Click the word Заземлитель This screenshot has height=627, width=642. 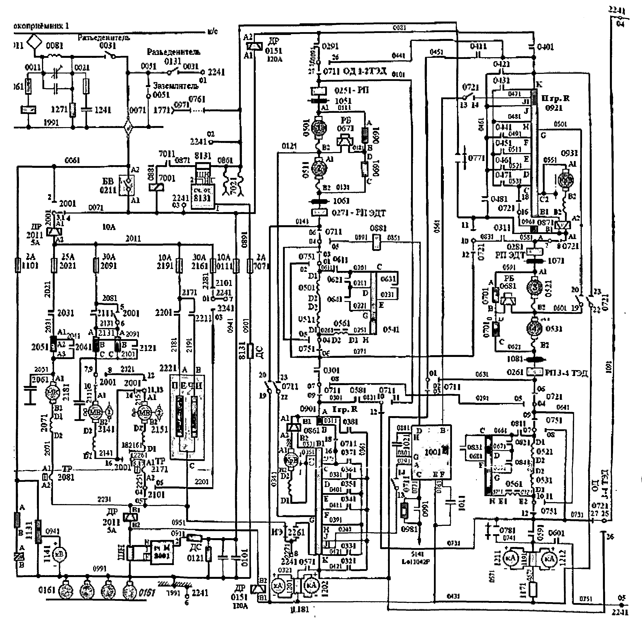pyautogui.click(x=176, y=86)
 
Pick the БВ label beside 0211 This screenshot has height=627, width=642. pyautogui.click(x=108, y=181)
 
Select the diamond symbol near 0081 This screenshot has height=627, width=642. pyautogui.click(x=34, y=42)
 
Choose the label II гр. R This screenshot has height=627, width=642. pyautogui.click(x=555, y=98)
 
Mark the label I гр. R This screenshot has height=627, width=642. pyautogui.click(x=345, y=410)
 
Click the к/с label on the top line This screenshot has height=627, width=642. pyautogui.click(x=213, y=32)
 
